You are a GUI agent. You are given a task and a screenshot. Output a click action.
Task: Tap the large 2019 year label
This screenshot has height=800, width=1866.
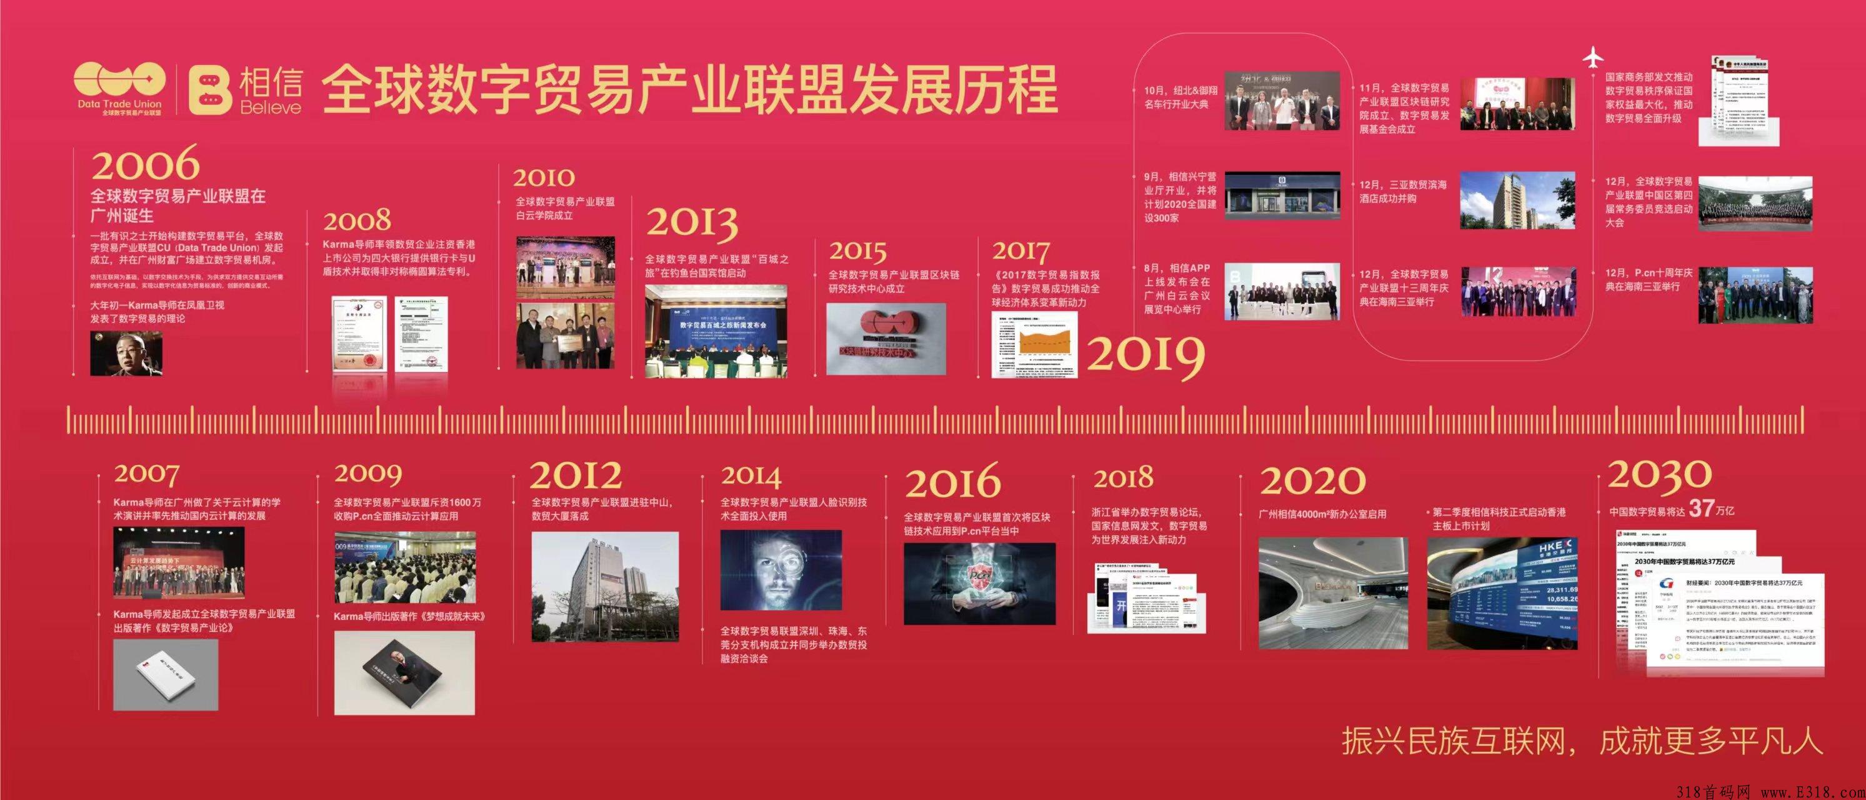(1146, 355)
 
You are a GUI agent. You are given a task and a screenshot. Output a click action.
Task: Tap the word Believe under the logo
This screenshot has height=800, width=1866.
(270, 108)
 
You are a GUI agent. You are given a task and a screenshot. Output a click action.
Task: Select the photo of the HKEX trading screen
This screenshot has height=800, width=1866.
(1502, 592)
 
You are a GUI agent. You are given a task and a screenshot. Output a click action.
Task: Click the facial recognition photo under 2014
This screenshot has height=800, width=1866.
(781, 570)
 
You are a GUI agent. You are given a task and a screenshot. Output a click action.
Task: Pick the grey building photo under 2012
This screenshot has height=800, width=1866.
(605, 587)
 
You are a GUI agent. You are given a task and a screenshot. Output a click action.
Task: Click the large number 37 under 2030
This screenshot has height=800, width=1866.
(1701, 509)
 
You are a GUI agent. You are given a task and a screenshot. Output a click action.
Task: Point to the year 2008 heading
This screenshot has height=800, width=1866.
(357, 220)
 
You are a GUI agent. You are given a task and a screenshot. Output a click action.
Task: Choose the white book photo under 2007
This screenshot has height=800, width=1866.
(166, 674)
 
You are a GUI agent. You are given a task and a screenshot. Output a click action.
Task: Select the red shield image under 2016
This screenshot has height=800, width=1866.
(979, 583)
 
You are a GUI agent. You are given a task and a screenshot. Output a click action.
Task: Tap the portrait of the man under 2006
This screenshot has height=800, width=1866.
(126, 354)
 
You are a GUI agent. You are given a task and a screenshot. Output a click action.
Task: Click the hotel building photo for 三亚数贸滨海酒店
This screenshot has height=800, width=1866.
(1517, 200)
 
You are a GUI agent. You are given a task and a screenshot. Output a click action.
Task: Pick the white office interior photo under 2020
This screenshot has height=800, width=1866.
(1333, 592)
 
